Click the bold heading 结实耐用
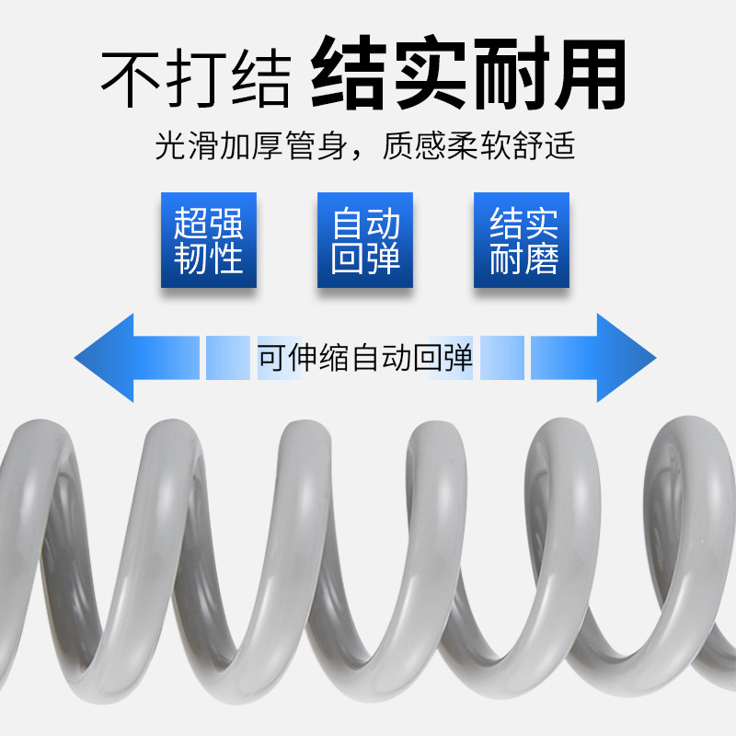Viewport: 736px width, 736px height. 468,74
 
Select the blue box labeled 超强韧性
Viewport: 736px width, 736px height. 209,240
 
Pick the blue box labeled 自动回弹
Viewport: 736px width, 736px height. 365,240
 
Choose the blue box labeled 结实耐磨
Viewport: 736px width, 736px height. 522,240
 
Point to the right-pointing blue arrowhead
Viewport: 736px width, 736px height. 626,357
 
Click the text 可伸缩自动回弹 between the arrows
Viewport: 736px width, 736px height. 365,358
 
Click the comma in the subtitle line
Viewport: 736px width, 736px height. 362,153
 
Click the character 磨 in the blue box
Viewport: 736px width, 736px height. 540,259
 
